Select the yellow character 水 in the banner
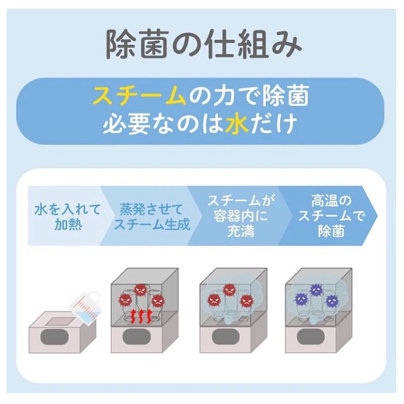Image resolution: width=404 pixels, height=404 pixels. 237,123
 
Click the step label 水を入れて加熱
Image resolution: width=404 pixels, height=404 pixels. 67,216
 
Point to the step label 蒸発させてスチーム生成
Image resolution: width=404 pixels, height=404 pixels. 151,216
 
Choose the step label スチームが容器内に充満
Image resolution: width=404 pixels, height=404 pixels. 241,215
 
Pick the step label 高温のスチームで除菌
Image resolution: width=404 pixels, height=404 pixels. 331,215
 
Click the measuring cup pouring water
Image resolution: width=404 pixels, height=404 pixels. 84,308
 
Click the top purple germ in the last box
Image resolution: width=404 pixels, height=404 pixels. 316,290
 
